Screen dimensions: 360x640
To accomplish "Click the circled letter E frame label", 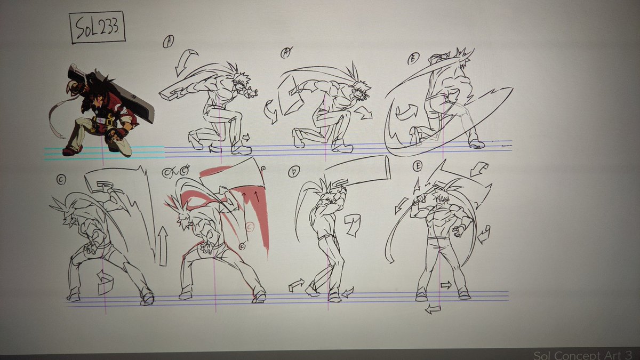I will (x=417, y=167).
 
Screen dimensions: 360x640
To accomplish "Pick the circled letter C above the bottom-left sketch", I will (x=61, y=180).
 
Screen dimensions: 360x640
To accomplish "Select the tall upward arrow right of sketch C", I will (x=163, y=245).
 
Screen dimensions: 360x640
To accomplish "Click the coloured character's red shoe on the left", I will (x=71, y=151).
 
